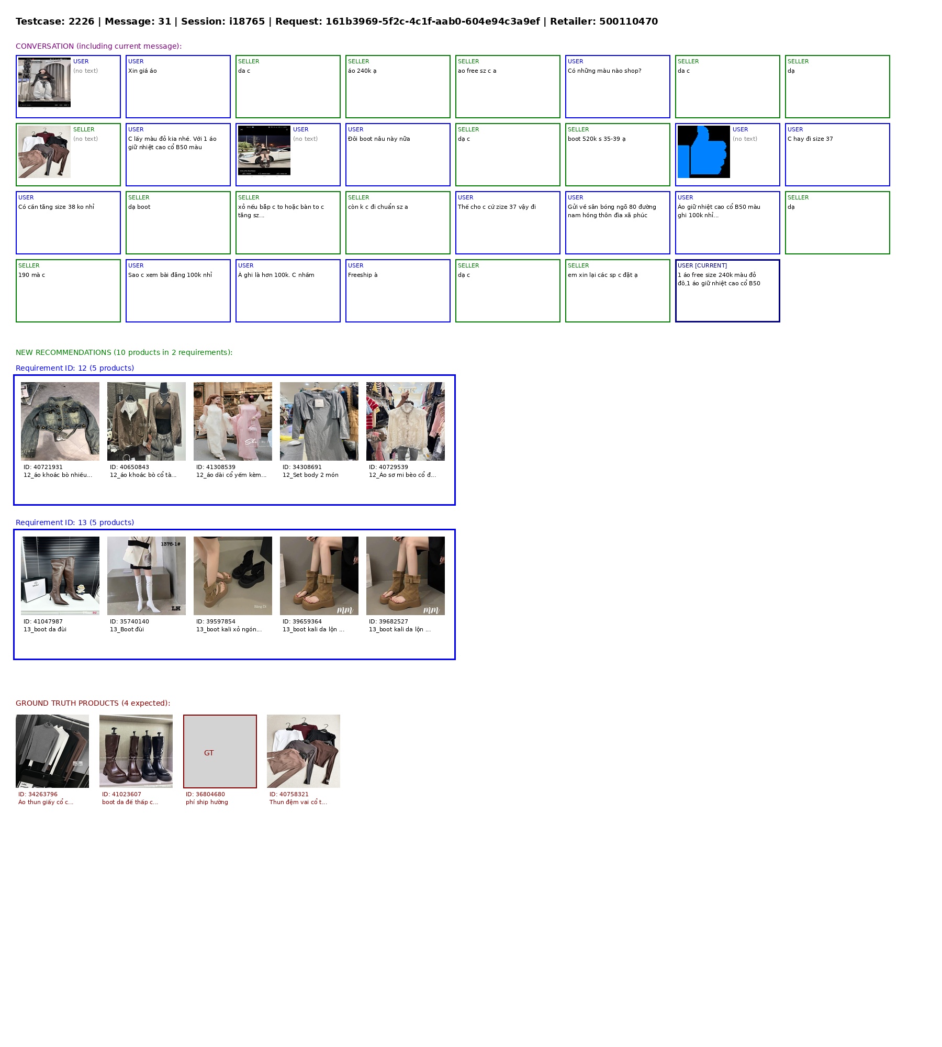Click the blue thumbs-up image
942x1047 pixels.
[703, 152]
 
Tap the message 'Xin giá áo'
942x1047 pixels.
[142, 71]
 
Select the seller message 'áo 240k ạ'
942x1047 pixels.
[362, 71]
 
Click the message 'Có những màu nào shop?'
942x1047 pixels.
[604, 71]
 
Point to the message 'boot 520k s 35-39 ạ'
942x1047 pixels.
[597, 139]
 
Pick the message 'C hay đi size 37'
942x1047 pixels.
[810, 139]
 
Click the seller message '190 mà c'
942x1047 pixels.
[32, 275]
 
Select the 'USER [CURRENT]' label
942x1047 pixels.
[702, 265]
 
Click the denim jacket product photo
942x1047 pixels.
[60, 421]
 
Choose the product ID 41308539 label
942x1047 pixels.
[216, 467]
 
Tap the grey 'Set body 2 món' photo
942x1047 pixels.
[319, 421]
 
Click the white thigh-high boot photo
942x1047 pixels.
[147, 576]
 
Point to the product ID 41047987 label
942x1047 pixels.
[43, 621]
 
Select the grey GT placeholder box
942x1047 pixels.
[220, 751]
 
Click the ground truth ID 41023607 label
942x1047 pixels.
[121, 794]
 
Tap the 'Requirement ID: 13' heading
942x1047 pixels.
[75, 522]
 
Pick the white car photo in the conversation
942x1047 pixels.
[264, 150]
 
